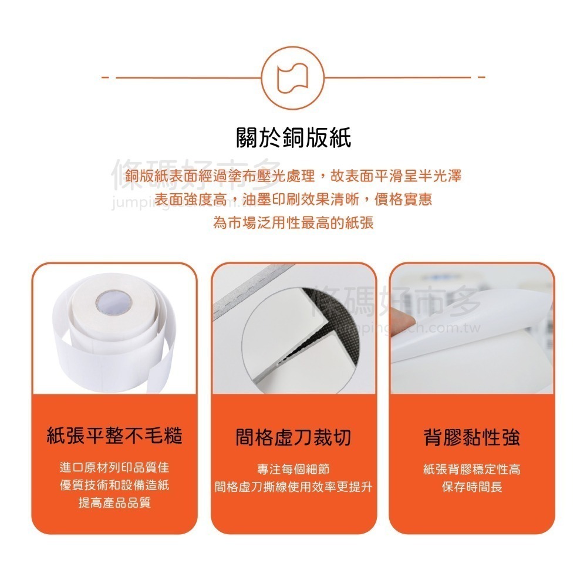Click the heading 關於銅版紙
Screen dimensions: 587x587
click(x=293, y=140)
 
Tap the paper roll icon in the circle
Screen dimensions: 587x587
click(x=293, y=76)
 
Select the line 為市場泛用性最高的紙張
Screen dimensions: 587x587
click(x=293, y=223)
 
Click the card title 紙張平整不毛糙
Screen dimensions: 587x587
click(x=114, y=436)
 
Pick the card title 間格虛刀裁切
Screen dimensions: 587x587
click(x=293, y=437)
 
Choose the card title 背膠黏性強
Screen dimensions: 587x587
click(x=472, y=437)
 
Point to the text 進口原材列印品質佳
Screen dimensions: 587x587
click(x=114, y=468)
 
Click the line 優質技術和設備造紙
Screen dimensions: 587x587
click(x=114, y=485)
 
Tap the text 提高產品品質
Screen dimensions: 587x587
click(x=114, y=503)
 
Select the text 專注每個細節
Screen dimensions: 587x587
click(x=293, y=470)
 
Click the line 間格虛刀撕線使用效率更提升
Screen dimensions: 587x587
click(x=293, y=487)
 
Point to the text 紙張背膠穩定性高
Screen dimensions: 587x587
click(x=472, y=470)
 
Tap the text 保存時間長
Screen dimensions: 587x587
click(x=472, y=487)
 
